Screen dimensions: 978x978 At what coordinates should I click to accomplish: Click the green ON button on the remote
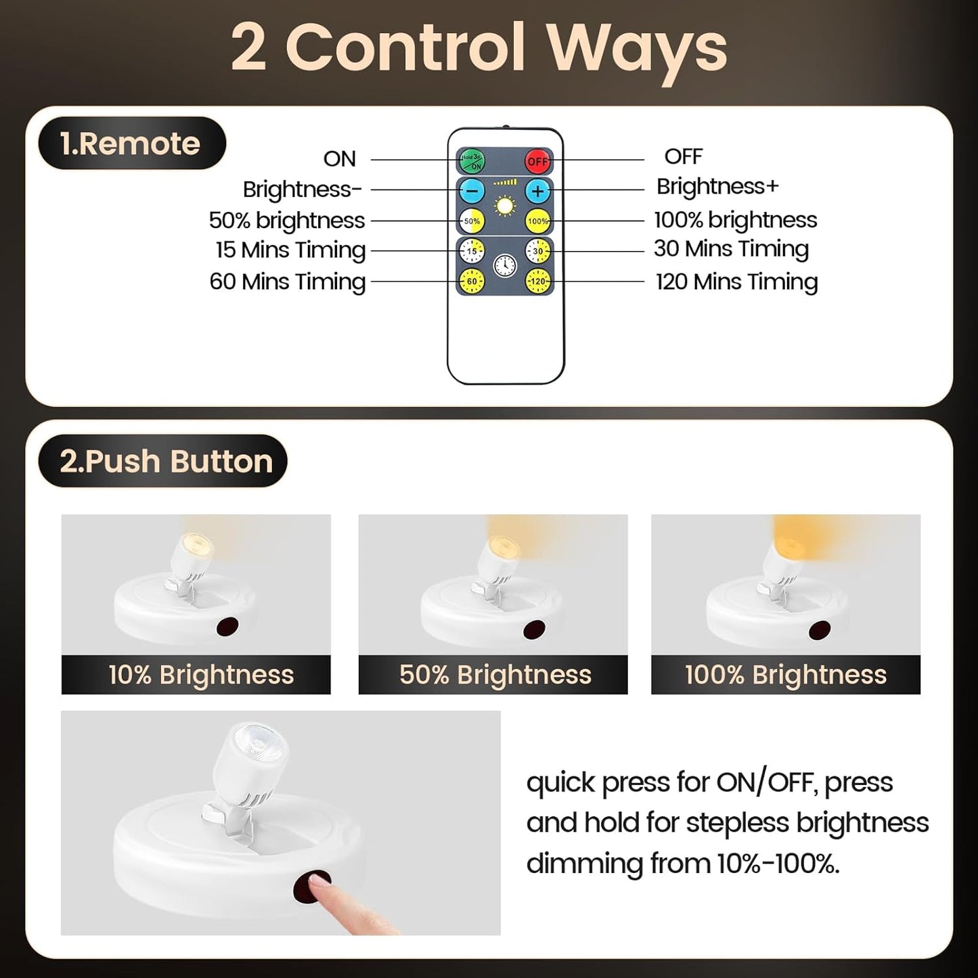472,161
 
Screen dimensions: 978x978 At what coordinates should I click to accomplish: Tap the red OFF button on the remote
538,161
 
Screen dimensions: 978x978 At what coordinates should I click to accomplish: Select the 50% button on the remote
472,221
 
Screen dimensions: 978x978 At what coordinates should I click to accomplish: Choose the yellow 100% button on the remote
538,221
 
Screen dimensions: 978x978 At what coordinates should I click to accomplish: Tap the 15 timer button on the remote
472,251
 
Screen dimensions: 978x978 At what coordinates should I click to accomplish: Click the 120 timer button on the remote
538,281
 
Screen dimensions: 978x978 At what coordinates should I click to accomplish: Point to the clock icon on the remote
505,265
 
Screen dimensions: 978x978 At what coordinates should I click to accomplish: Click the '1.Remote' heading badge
131,143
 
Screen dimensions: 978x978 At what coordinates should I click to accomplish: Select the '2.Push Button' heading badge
163,462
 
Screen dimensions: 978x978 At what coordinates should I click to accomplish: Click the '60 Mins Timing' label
288,281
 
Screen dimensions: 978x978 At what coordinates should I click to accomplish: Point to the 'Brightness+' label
717,186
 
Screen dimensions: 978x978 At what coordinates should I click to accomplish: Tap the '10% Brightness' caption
201,675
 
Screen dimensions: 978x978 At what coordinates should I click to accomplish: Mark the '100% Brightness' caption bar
785,675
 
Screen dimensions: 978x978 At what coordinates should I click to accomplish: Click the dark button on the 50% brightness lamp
535,629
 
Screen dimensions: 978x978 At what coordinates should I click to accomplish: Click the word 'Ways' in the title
636,49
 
